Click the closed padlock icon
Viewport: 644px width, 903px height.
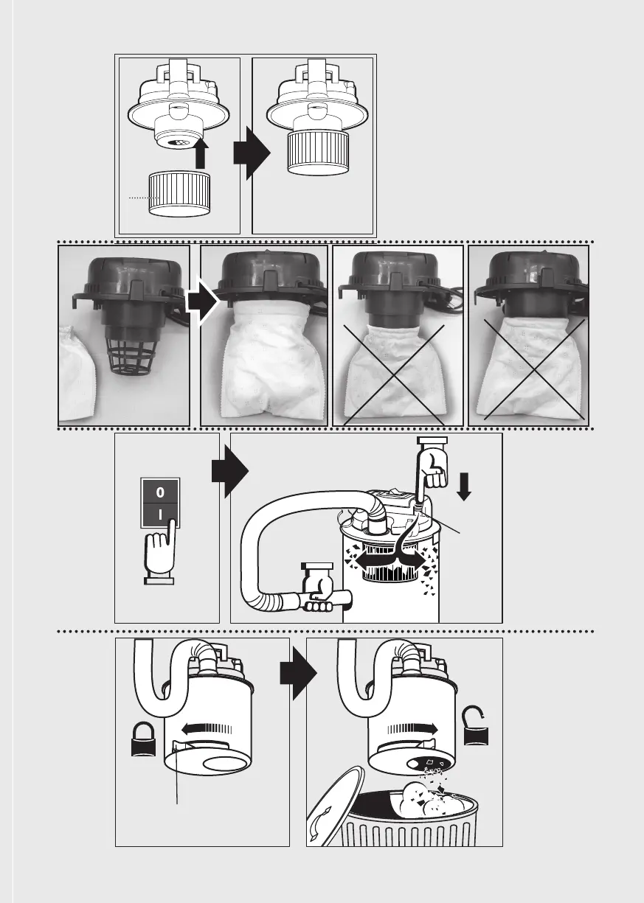(142, 739)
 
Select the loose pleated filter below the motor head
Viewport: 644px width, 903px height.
(179, 192)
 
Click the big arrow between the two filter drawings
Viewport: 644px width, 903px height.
(246, 153)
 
